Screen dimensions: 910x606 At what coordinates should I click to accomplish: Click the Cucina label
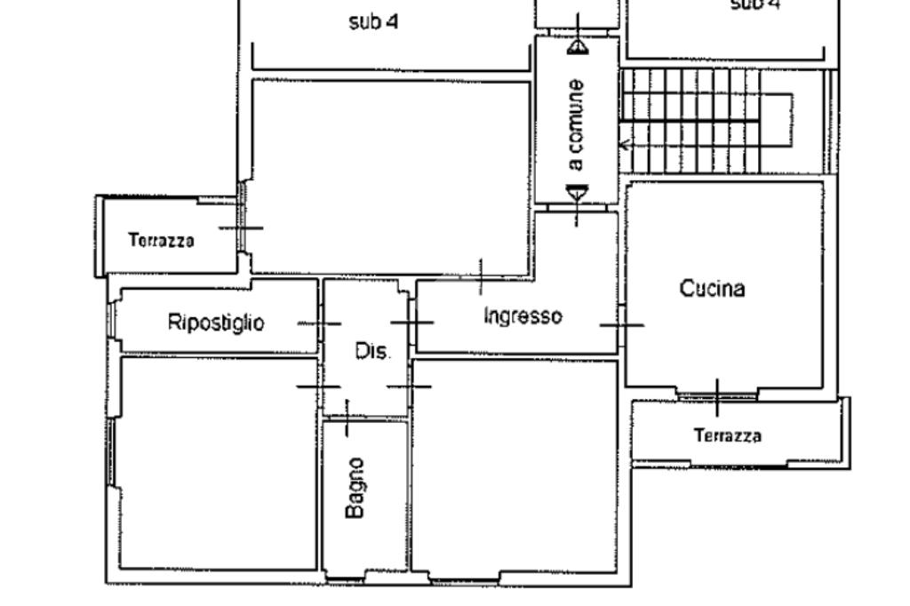[712, 289]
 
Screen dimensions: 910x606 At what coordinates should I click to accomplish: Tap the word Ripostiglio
[216, 323]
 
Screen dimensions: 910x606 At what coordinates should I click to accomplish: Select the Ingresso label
[523, 315]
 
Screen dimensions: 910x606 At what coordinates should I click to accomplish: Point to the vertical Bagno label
[355, 488]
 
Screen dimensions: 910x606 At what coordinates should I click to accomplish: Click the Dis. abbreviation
[372, 351]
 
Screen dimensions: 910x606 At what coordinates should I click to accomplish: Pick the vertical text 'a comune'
[575, 124]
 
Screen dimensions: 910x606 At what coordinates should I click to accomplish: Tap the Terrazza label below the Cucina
[728, 435]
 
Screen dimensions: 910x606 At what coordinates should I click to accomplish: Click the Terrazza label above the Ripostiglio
[162, 240]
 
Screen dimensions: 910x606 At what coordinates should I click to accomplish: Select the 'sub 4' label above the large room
[373, 22]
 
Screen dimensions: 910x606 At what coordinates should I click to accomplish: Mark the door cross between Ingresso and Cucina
[622, 325]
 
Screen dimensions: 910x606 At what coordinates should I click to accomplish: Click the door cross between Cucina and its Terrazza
[717, 398]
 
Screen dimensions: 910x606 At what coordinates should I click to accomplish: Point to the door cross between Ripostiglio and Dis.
[319, 323]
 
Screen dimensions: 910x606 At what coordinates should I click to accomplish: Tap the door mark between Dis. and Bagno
[347, 418]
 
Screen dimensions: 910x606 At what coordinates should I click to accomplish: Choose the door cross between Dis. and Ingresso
[412, 323]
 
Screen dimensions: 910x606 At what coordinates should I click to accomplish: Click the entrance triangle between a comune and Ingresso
[577, 194]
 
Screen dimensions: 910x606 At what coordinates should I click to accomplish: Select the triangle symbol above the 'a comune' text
[578, 47]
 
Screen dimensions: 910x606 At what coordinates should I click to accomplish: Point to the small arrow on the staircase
[626, 144]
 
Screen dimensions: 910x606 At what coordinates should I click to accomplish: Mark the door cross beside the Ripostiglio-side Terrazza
[241, 228]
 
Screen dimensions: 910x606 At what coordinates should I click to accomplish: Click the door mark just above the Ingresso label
[481, 277]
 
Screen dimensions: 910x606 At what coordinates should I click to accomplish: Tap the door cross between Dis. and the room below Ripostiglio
[319, 387]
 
